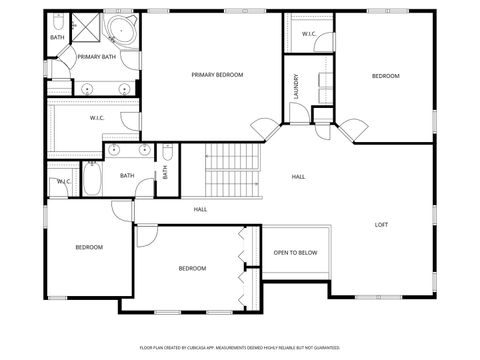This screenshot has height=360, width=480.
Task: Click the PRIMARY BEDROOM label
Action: (x=217, y=75)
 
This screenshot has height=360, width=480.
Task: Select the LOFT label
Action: (x=381, y=224)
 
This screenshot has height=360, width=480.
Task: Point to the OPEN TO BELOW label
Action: (x=295, y=252)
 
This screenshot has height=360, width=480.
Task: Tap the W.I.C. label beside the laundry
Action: (x=309, y=34)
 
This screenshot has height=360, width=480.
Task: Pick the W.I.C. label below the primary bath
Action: (x=97, y=118)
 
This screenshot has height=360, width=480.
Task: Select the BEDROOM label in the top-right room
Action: (x=385, y=76)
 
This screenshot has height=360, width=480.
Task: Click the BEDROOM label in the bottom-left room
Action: (x=89, y=247)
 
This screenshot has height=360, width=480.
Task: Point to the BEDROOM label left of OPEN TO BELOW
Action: (x=192, y=268)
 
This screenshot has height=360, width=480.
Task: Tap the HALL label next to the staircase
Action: (x=298, y=177)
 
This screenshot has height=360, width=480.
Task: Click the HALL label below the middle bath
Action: (x=200, y=209)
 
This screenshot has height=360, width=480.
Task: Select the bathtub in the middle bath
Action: (x=91, y=180)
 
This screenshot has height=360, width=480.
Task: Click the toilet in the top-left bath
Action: (x=58, y=22)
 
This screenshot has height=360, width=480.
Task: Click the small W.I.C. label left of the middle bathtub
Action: (x=63, y=182)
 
